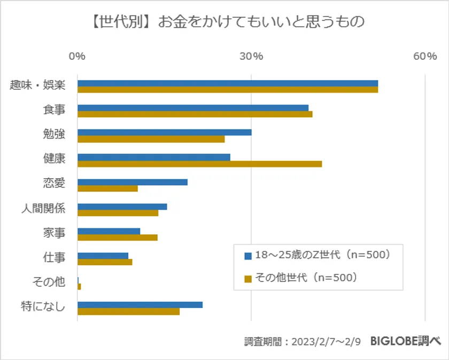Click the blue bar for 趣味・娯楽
228,83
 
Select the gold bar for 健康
199,164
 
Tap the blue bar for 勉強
164,133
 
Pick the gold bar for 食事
195,114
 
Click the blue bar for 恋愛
133,182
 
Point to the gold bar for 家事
118,238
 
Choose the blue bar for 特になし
140,305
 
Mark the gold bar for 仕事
105,262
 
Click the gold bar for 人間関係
118,213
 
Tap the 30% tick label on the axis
251,56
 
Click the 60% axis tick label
425,56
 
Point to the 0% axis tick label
78,56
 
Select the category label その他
49,281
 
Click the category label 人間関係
43,208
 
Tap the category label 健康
54,159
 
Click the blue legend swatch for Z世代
247,256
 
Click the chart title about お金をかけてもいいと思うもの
224,23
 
